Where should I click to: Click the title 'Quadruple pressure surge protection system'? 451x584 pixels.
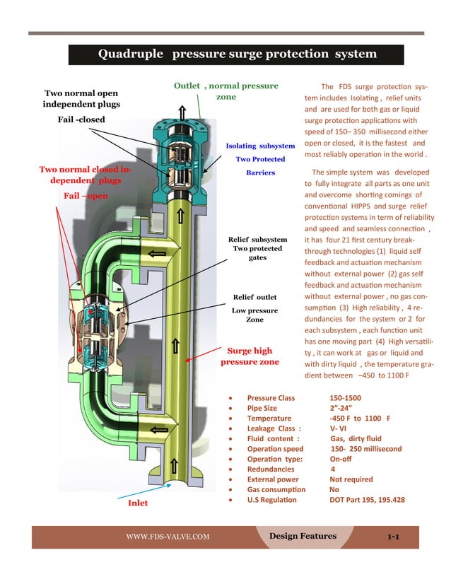(x=236, y=54)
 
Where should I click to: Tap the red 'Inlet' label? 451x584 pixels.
(x=137, y=504)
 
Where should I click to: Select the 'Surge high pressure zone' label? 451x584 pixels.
(x=250, y=356)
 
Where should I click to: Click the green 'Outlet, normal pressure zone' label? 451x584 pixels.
(x=226, y=91)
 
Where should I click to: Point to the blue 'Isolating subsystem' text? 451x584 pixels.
(x=260, y=146)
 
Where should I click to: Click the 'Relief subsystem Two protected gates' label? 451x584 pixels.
(x=257, y=249)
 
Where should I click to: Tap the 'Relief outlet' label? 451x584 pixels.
(x=254, y=297)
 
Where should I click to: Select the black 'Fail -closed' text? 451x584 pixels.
(x=81, y=119)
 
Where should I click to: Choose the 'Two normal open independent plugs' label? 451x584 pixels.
(x=82, y=98)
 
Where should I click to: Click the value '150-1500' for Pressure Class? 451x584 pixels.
(x=345, y=398)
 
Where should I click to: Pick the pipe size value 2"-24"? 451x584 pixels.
(x=341, y=409)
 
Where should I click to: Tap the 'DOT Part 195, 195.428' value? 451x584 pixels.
(x=367, y=500)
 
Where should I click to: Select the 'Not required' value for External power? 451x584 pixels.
(x=351, y=479)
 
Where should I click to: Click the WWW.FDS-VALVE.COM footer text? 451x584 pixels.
(x=168, y=537)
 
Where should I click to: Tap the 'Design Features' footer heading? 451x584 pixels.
(x=303, y=536)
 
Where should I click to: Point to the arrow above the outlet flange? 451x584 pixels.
(x=182, y=112)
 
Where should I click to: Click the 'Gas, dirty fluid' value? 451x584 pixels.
(x=351, y=438)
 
